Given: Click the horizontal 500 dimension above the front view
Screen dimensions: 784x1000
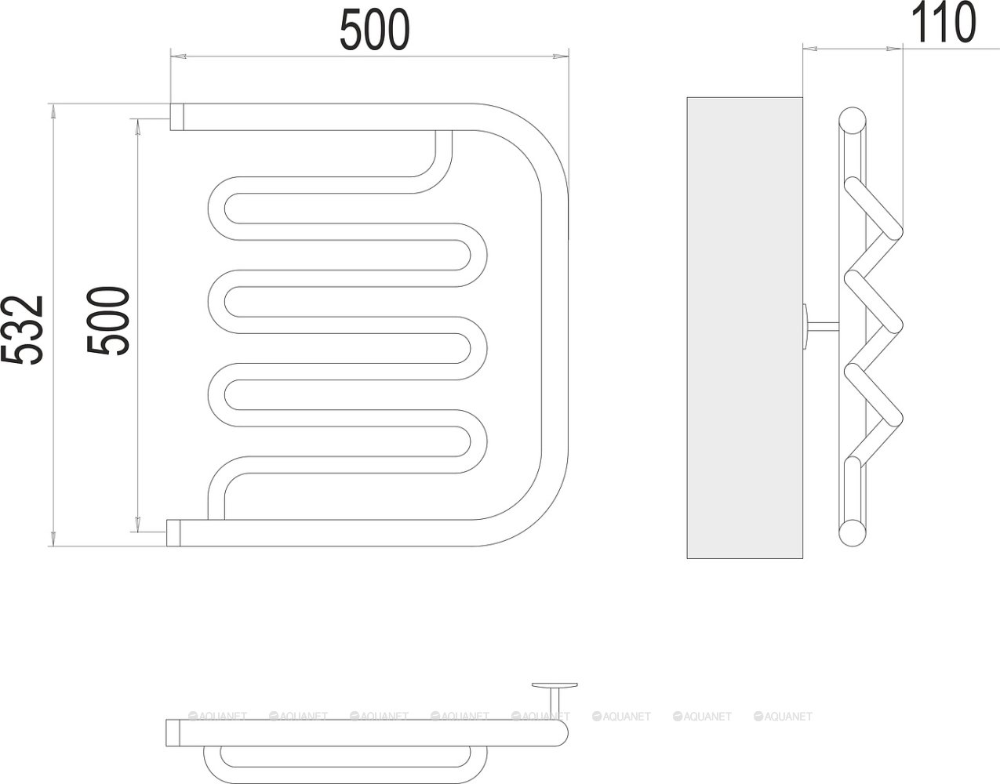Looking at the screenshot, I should [x=374, y=31].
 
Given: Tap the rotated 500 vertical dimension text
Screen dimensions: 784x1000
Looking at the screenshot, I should [x=108, y=321].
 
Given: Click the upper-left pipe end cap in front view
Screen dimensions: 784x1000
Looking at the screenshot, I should [x=178, y=117].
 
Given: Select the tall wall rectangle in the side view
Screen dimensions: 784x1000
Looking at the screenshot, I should [x=744, y=328].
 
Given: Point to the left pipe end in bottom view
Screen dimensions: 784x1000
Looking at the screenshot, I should [x=174, y=731].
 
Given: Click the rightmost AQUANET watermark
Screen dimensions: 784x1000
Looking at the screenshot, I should [x=783, y=717].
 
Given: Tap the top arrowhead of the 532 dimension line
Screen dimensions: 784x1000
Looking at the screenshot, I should [x=53, y=111].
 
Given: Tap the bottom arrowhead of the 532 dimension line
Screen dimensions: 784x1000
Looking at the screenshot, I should [x=53, y=539].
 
